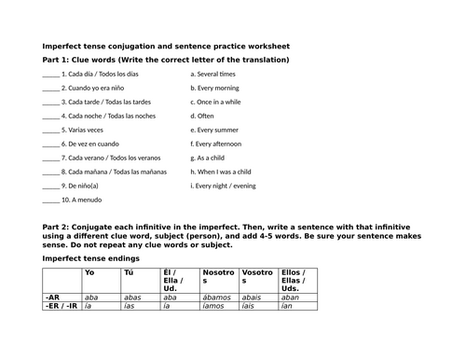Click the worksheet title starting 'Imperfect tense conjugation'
coord(166,46)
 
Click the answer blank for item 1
coord(50,74)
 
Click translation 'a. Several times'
coord(212,74)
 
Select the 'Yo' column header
coord(89,272)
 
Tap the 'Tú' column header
coord(129,272)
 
